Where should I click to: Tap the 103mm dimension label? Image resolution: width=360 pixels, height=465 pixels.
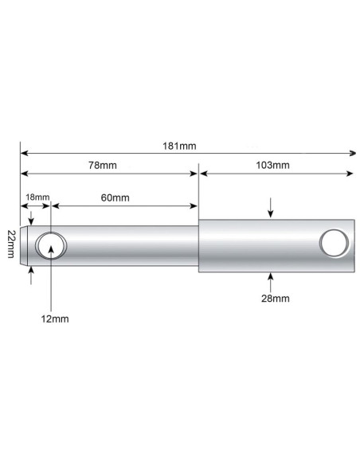(273, 166)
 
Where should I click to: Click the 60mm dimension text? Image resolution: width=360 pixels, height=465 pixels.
(116, 197)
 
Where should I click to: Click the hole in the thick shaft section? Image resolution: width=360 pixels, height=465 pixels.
(333, 242)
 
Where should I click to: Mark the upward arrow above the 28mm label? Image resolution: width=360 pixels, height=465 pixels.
(272, 278)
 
